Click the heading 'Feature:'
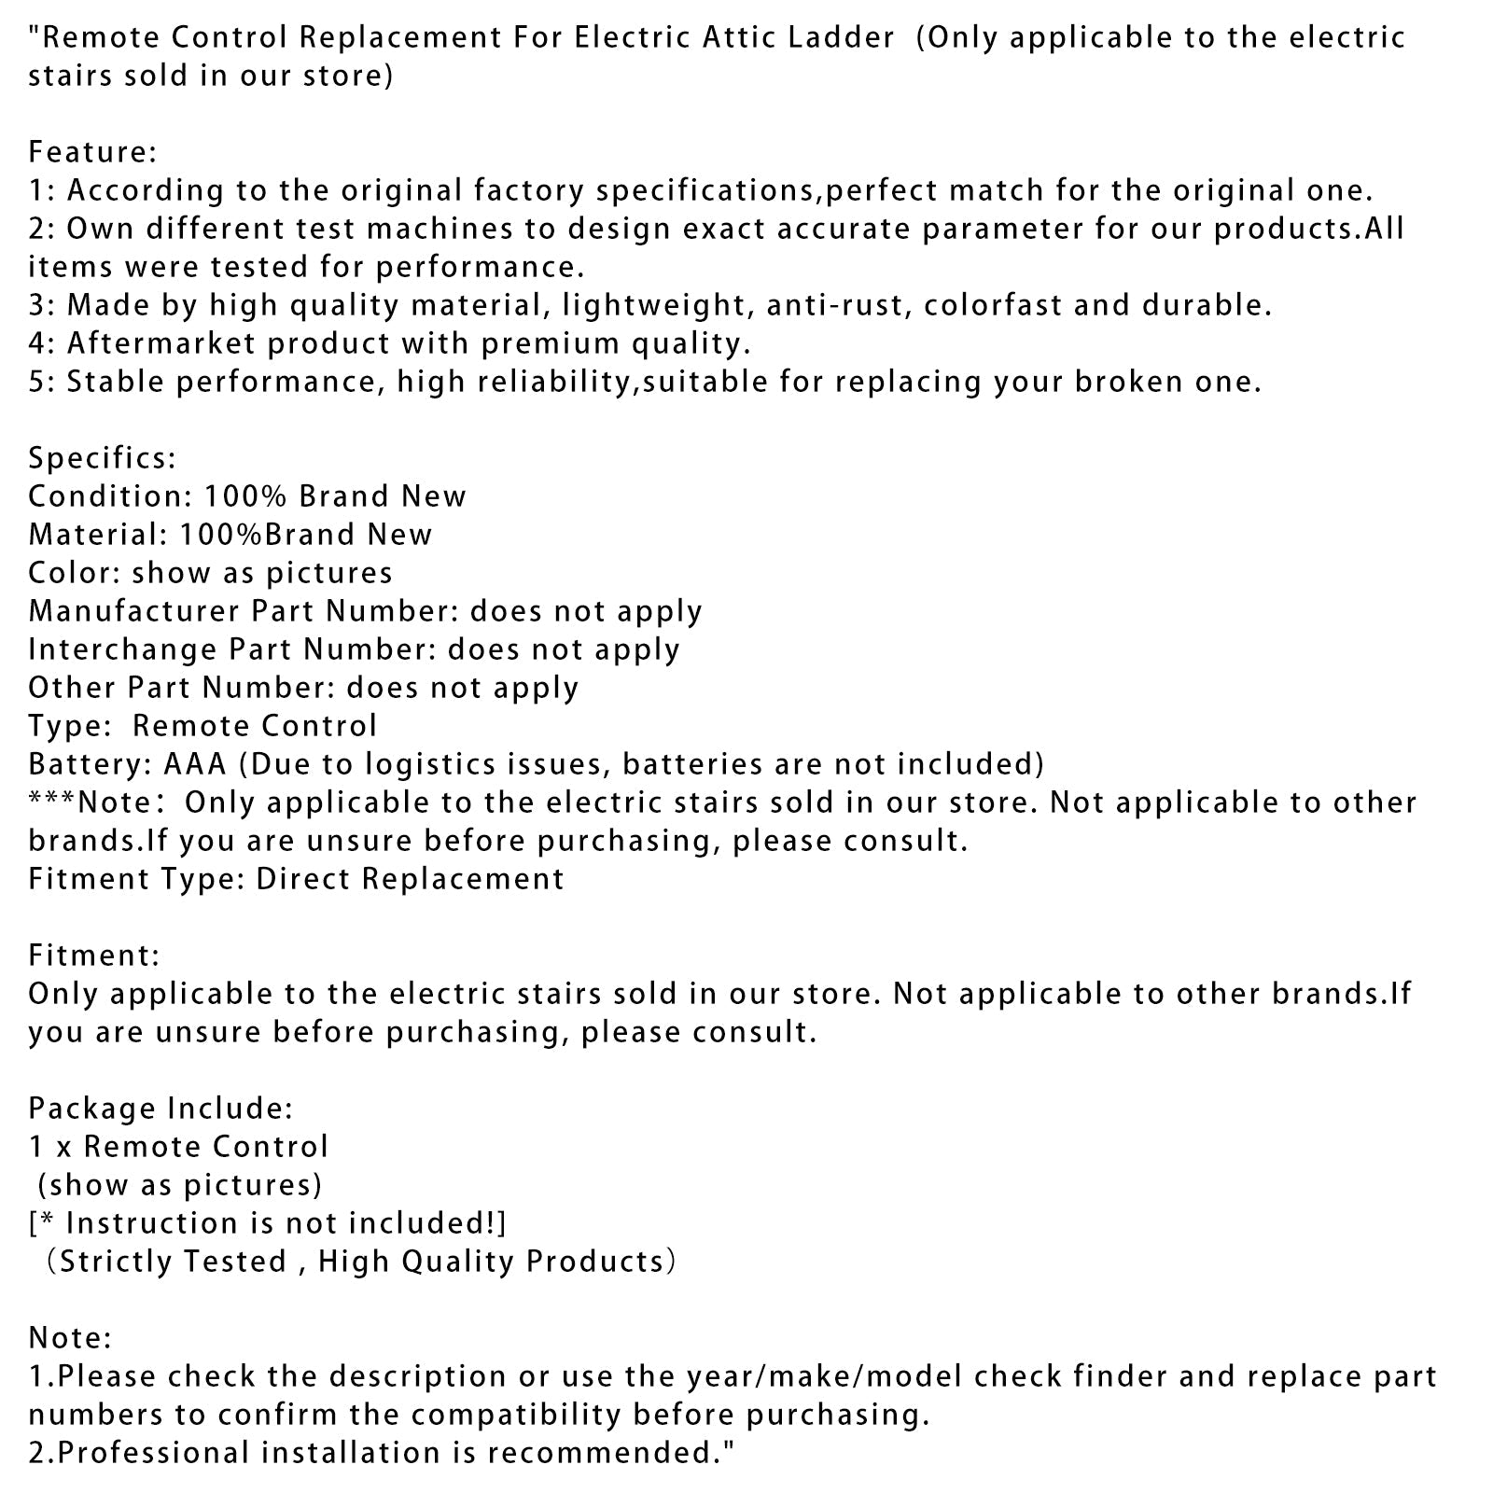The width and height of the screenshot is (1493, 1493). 92,151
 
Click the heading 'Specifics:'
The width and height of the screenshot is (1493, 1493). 102,457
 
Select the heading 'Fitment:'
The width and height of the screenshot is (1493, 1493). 93,955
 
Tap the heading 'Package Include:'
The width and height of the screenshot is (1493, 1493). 160,1108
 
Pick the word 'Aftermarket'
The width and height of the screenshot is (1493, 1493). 160,342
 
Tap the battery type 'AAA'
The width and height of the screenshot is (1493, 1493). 195,763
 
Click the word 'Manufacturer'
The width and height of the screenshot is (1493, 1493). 133,610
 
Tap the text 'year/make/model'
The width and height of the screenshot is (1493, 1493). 825,1376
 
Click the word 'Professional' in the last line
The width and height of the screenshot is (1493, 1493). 154,1453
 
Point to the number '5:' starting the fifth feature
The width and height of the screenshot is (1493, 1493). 43,381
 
